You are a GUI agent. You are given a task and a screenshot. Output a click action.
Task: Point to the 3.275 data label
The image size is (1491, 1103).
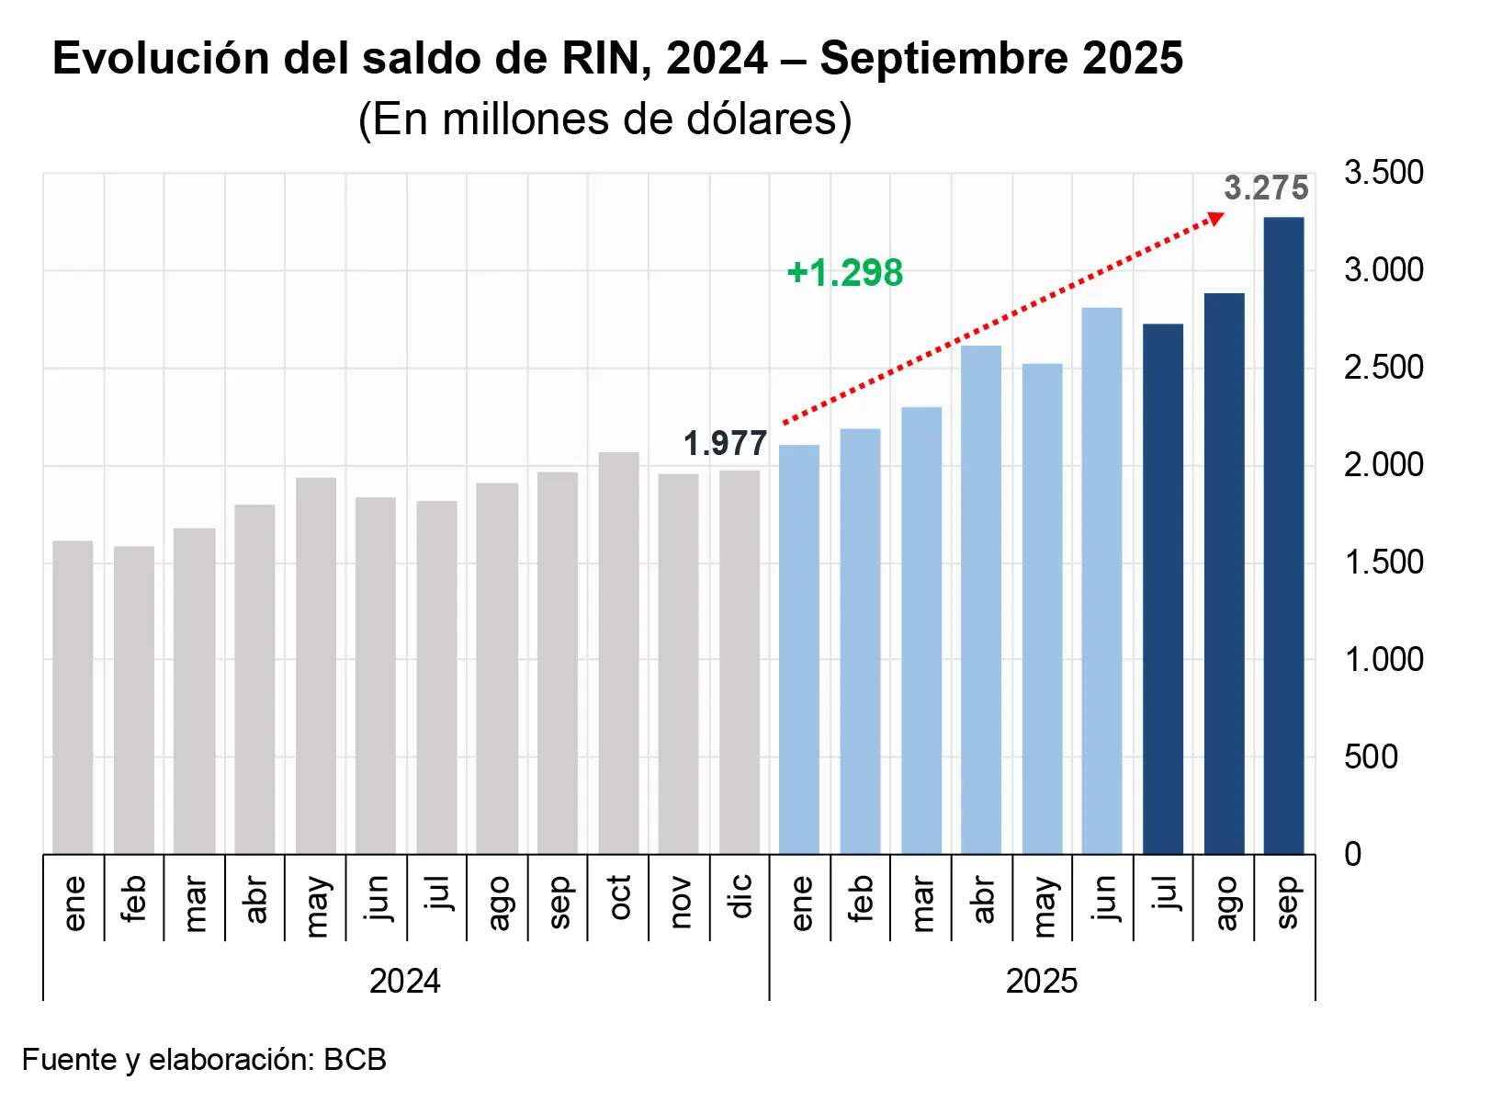[1265, 188]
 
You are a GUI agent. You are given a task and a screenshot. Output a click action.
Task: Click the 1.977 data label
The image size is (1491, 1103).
[725, 444]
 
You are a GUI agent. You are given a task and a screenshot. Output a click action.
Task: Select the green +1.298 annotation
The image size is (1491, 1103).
[845, 273]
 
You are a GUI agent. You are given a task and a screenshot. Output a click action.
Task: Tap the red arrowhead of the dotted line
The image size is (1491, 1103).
[1216, 218]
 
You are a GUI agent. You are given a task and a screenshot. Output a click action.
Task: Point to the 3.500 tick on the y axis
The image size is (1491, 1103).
[1384, 173]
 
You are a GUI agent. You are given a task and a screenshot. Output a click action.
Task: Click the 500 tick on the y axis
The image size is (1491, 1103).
[1371, 757]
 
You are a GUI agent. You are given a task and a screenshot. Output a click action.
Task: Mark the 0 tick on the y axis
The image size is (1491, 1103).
[1352, 855]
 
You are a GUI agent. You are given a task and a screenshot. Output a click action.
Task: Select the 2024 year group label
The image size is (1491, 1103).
[404, 982]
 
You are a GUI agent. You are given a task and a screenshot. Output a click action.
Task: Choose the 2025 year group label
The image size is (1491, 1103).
[1041, 982]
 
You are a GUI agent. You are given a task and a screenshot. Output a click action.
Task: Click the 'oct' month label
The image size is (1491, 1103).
[620, 897]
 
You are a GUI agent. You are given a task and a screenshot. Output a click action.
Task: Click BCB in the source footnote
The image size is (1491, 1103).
[355, 1060]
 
